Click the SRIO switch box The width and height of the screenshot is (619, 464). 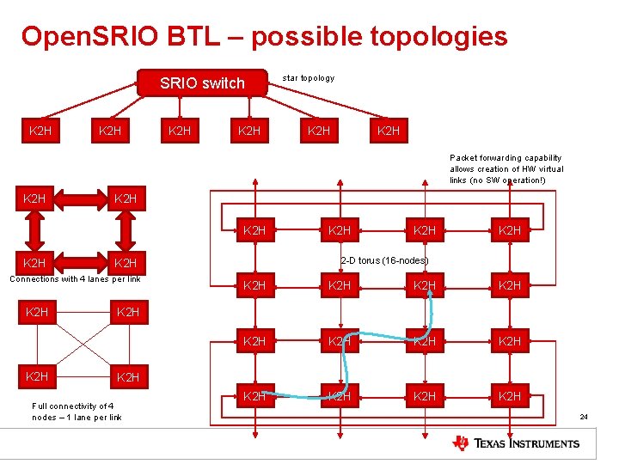(203, 82)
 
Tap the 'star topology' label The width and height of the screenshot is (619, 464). (309, 78)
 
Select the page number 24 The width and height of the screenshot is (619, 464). (584, 417)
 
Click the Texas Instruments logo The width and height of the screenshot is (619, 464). (516, 443)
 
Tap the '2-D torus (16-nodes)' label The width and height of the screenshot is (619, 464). (384, 260)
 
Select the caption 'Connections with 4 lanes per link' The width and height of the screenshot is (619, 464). (75, 278)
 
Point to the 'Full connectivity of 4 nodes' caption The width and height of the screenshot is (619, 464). (76, 412)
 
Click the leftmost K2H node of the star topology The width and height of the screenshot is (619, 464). (40, 131)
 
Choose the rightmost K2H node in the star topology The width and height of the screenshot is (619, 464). (389, 131)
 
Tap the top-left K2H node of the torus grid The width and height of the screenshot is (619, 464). (254, 230)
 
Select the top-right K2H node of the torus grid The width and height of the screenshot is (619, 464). (510, 230)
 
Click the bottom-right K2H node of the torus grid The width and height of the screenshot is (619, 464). (510, 396)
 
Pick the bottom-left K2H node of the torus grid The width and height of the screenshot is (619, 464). (254, 396)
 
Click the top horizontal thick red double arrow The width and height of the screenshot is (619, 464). (80, 199)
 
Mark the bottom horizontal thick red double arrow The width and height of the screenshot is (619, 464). (80, 263)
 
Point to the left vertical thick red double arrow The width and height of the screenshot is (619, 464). (35, 231)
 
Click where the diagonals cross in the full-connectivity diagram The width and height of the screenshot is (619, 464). (82, 345)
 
